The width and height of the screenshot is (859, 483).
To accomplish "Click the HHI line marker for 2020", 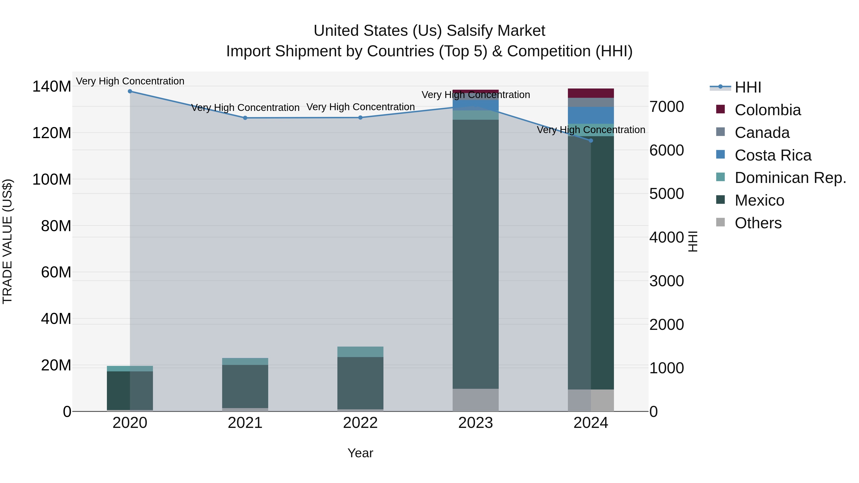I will (x=130, y=91).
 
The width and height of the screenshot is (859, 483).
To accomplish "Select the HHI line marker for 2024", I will (x=591, y=141).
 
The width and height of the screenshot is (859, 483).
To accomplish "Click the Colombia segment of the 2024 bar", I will (x=591, y=93).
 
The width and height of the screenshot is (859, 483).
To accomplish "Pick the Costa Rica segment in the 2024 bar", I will (x=591, y=115).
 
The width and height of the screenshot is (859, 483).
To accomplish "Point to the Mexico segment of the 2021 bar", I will (x=245, y=386).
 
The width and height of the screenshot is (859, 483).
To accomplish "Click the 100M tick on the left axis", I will (x=52, y=180).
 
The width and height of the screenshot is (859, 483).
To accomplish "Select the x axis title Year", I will (x=360, y=453).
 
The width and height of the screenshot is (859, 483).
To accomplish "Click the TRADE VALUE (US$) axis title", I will (x=7, y=241).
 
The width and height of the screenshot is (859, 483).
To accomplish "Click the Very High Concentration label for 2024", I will (x=591, y=130).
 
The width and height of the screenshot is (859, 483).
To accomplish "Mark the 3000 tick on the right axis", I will (x=666, y=281).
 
